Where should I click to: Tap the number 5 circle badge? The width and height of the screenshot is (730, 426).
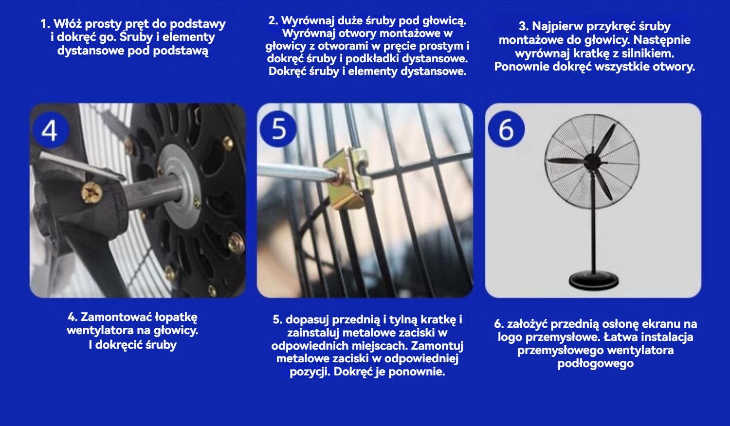278,129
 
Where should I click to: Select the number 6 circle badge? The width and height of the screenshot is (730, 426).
506,129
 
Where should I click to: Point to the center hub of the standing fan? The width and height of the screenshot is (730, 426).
592,160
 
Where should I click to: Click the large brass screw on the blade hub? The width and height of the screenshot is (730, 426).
92,193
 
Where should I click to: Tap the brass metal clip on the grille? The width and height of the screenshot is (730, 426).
349,176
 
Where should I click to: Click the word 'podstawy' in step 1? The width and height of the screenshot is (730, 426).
198,24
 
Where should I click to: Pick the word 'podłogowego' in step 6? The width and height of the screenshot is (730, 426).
595,363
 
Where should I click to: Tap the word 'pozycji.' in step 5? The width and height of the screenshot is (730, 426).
310,372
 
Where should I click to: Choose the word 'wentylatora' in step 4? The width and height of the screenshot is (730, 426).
100,331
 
